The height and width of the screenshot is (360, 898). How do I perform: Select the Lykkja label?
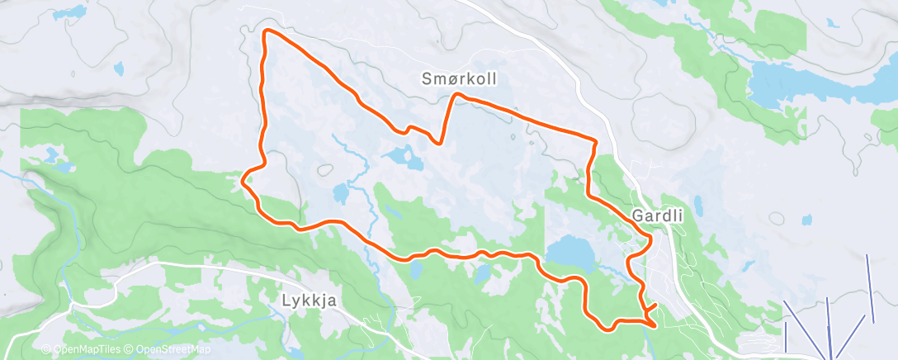(306, 301)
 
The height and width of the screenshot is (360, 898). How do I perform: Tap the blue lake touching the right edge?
(888, 122)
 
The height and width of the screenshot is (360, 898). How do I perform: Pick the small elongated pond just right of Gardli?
(698, 206)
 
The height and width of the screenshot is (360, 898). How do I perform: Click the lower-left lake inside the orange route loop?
(341, 195)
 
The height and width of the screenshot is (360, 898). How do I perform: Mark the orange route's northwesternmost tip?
(266, 32)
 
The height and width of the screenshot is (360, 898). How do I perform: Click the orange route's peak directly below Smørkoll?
(456, 96)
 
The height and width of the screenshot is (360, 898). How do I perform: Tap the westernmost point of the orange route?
(243, 175)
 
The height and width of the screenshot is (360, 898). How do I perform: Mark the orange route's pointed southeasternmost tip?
(655, 324)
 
